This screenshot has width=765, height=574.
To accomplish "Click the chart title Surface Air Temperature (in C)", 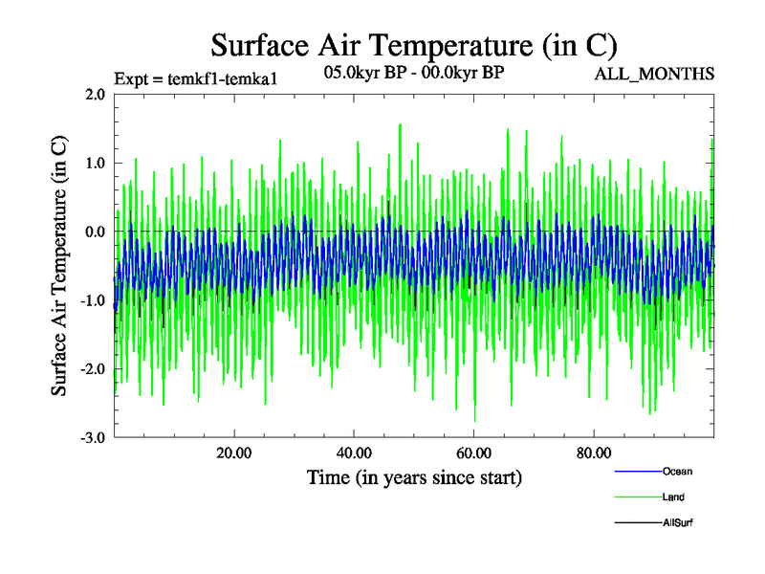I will tap(413, 45).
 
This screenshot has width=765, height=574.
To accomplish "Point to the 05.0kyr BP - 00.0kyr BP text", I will tap(414, 73).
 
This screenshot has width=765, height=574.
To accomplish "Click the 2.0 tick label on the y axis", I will tap(95, 94).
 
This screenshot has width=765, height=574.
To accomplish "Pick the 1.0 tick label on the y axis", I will tap(95, 163).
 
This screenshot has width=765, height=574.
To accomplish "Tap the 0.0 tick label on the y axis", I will tap(95, 232).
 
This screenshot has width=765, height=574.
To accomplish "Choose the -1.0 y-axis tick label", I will tap(92, 300).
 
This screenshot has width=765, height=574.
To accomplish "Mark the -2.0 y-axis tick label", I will tap(92, 369).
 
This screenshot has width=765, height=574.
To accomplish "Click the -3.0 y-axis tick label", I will tap(92, 438).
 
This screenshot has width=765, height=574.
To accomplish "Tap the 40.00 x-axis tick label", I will tap(354, 453).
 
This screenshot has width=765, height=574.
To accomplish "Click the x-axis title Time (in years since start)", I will tap(413, 476).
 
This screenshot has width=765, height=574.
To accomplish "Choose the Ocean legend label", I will tap(677, 471).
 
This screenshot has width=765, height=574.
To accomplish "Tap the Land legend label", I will tap(673, 497).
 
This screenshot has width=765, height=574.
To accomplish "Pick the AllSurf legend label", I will tap(678, 522).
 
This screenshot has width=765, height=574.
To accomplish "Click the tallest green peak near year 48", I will tap(400, 124).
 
